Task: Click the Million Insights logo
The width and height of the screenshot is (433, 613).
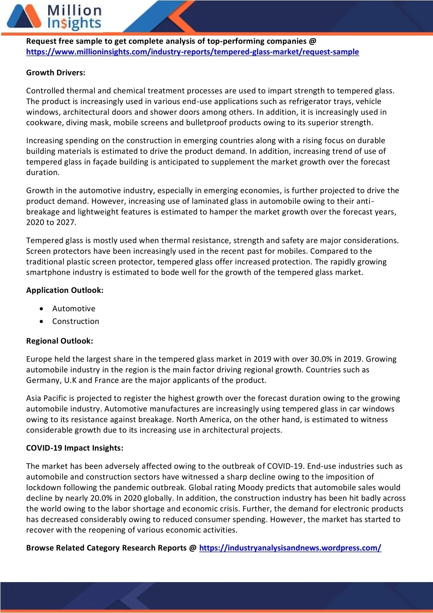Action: click(x=54, y=17)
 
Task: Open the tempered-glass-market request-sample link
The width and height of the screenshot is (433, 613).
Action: click(x=192, y=52)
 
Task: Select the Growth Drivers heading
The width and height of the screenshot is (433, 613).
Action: click(x=56, y=73)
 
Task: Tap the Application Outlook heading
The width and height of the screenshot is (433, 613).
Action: click(x=65, y=290)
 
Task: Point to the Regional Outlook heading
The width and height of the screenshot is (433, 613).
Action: click(x=60, y=341)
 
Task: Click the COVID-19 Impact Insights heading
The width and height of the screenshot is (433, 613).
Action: click(x=75, y=448)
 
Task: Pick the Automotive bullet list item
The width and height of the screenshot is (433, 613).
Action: click(x=74, y=309)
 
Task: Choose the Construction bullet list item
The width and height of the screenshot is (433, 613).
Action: click(x=76, y=321)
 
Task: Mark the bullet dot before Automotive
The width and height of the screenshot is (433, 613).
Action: click(x=41, y=309)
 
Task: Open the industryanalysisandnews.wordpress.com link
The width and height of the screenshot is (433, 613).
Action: click(x=290, y=548)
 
